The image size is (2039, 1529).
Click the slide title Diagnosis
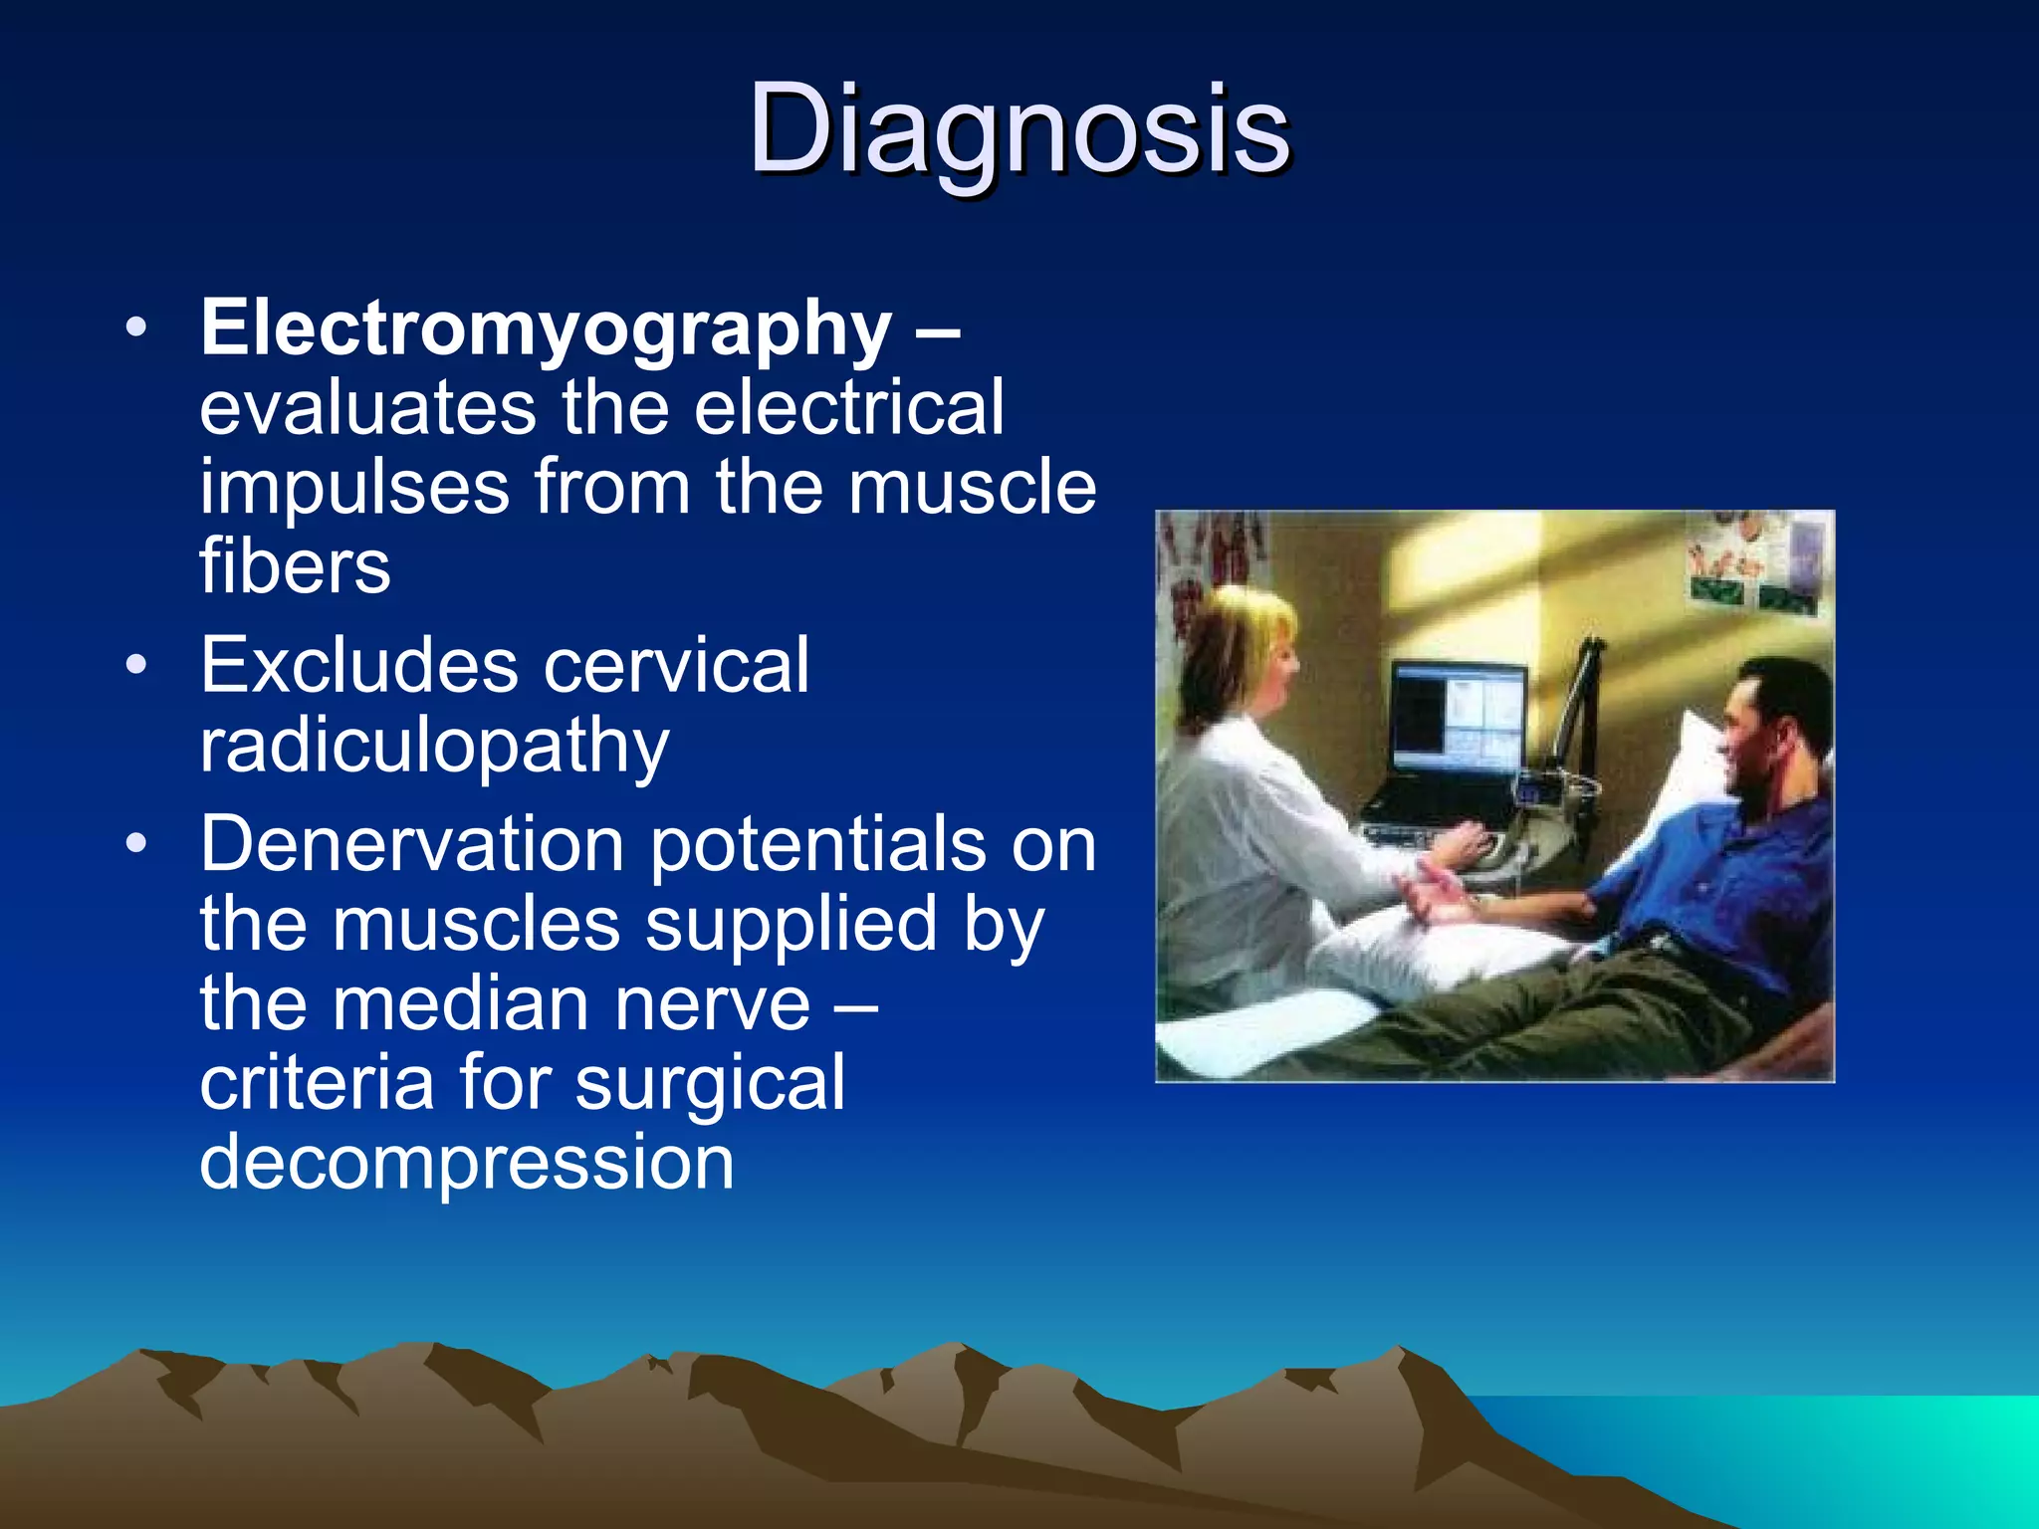[1019, 129]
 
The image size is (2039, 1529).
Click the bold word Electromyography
[546, 328]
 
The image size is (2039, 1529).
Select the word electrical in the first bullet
[848, 408]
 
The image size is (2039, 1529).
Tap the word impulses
[355, 488]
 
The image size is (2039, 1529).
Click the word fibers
[295, 566]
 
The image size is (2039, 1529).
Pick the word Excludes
[358, 665]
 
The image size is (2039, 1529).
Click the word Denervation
[412, 844]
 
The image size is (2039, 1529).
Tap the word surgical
[710, 1083]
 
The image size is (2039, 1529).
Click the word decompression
[467, 1162]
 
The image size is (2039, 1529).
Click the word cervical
[676, 665]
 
